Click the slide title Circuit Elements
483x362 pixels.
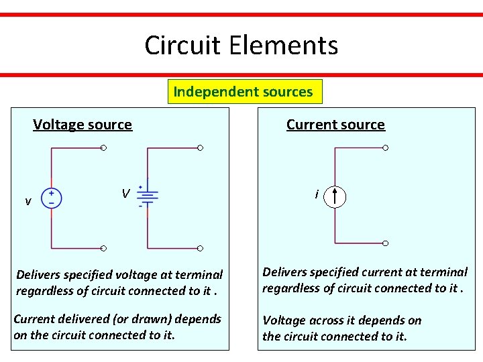[x=241, y=46]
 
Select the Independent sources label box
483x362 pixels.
[x=244, y=92]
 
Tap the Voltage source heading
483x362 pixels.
[x=83, y=124]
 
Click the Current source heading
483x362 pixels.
[x=335, y=125]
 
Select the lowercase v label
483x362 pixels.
[x=28, y=201]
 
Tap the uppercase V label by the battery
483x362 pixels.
[x=125, y=194]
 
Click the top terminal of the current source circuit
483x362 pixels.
[x=385, y=147]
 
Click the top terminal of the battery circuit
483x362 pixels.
[x=200, y=147]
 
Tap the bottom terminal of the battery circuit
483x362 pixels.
[x=200, y=248]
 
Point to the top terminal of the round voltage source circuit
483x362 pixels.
[x=103, y=147]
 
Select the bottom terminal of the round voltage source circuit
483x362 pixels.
[x=103, y=248]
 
